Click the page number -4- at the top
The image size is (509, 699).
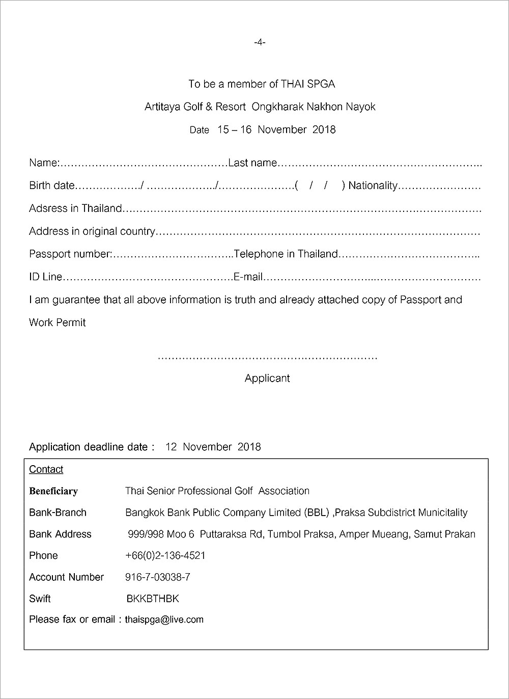(x=260, y=42)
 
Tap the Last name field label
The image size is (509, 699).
(x=252, y=163)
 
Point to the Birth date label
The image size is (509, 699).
(x=51, y=185)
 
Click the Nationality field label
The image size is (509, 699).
(x=373, y=185)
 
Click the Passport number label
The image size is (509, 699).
(x=70, y=254)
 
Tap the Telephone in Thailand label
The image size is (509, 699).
(x=286, y=254)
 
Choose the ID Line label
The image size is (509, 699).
(x=45, y=277)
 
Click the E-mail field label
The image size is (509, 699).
(x=248, y=277)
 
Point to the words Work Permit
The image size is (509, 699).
(x=58, y=322)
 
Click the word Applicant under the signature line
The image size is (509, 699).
(x=267, y=378)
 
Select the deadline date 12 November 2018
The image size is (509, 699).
(x=213, y=447)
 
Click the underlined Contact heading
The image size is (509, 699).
(x=46, y=469)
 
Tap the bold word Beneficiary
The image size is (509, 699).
(x=53, y=491)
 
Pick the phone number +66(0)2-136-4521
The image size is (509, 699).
(x=165, y=555)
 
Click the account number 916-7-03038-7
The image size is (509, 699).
(x=158, y=577)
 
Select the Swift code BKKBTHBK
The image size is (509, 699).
(x=153, y=599)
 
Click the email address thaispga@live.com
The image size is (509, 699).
(x=164, y=620)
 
